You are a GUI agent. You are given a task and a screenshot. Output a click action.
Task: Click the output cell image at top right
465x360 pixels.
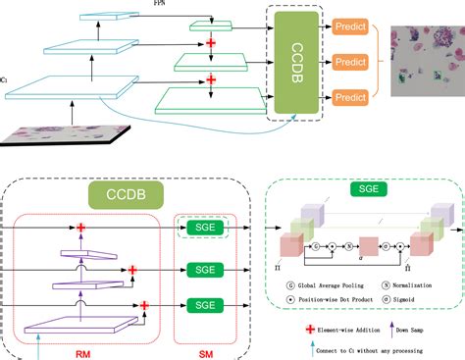point(428,61)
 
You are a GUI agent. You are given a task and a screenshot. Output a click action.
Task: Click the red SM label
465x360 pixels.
point(203,345)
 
